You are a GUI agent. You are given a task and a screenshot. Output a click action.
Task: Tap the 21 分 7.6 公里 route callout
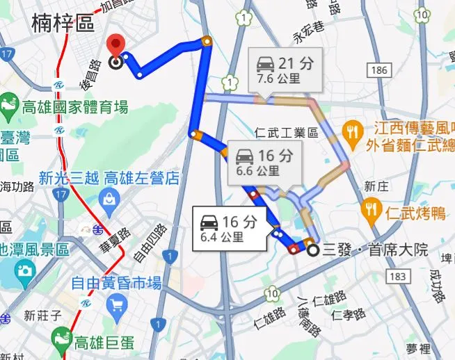285,69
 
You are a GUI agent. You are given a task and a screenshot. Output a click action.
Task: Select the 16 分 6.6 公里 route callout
263,162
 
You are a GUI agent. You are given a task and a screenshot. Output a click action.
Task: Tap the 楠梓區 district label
63,24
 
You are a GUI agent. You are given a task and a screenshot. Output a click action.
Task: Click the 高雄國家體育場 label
75,107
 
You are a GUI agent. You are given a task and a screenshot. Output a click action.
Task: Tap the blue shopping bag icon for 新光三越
109,202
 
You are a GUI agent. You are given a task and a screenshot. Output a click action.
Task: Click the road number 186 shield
378,70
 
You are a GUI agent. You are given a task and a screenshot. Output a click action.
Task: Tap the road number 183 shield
397,277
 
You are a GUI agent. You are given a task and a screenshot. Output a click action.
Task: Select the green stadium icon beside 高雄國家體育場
9,108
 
